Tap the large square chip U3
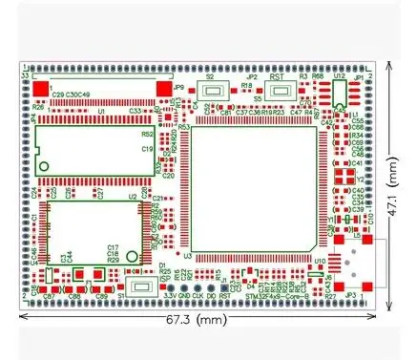pyautogui.click(x=254, y=189)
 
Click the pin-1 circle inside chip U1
pyautogui.click(x=45, y=168)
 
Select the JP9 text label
pyautogui.click(x=178, y=87)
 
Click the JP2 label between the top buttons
pyautogui.click(x=251, y=77)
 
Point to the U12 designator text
pyautogui.click(x=339, y=74)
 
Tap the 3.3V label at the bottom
pyautogui.click(x=168, y=297)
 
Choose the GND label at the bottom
pyautogui.click(x=185, y=297)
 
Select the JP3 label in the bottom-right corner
pyautogui.click(x=349, y=296)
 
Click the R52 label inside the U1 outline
pyautogui.click(x=148, y=135)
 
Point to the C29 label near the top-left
pyautogui.click(x=58, y=95)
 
